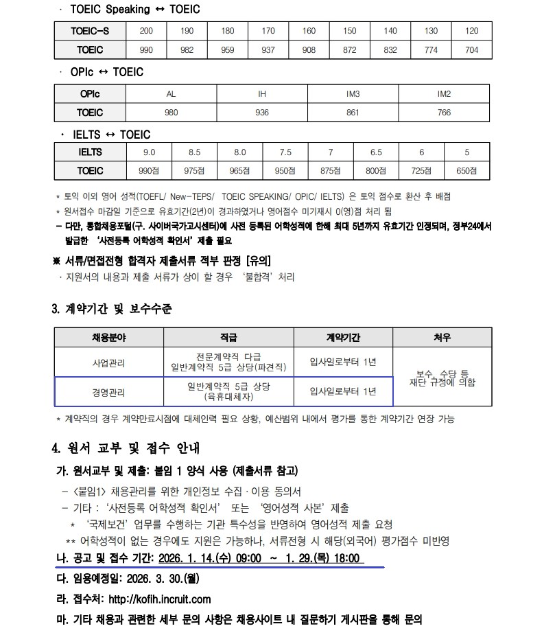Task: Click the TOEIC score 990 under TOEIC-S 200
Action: tap(146, 50)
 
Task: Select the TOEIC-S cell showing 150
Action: tap(350, 31)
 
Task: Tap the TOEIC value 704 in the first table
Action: tap(472, 50)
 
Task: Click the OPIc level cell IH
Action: tap(262, 94)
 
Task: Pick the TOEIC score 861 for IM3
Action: tap(353, 113)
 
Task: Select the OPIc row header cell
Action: tap(90, 94)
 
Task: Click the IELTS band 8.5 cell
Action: tap(194, 152)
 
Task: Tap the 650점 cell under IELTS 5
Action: tap(466, 171)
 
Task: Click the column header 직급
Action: tap(228, 338)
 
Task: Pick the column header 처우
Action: tap(442, 338)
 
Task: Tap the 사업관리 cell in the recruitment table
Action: tap(108, 362)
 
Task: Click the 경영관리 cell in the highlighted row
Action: tap(108, 392)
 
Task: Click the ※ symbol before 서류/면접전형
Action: tap(57, 261)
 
